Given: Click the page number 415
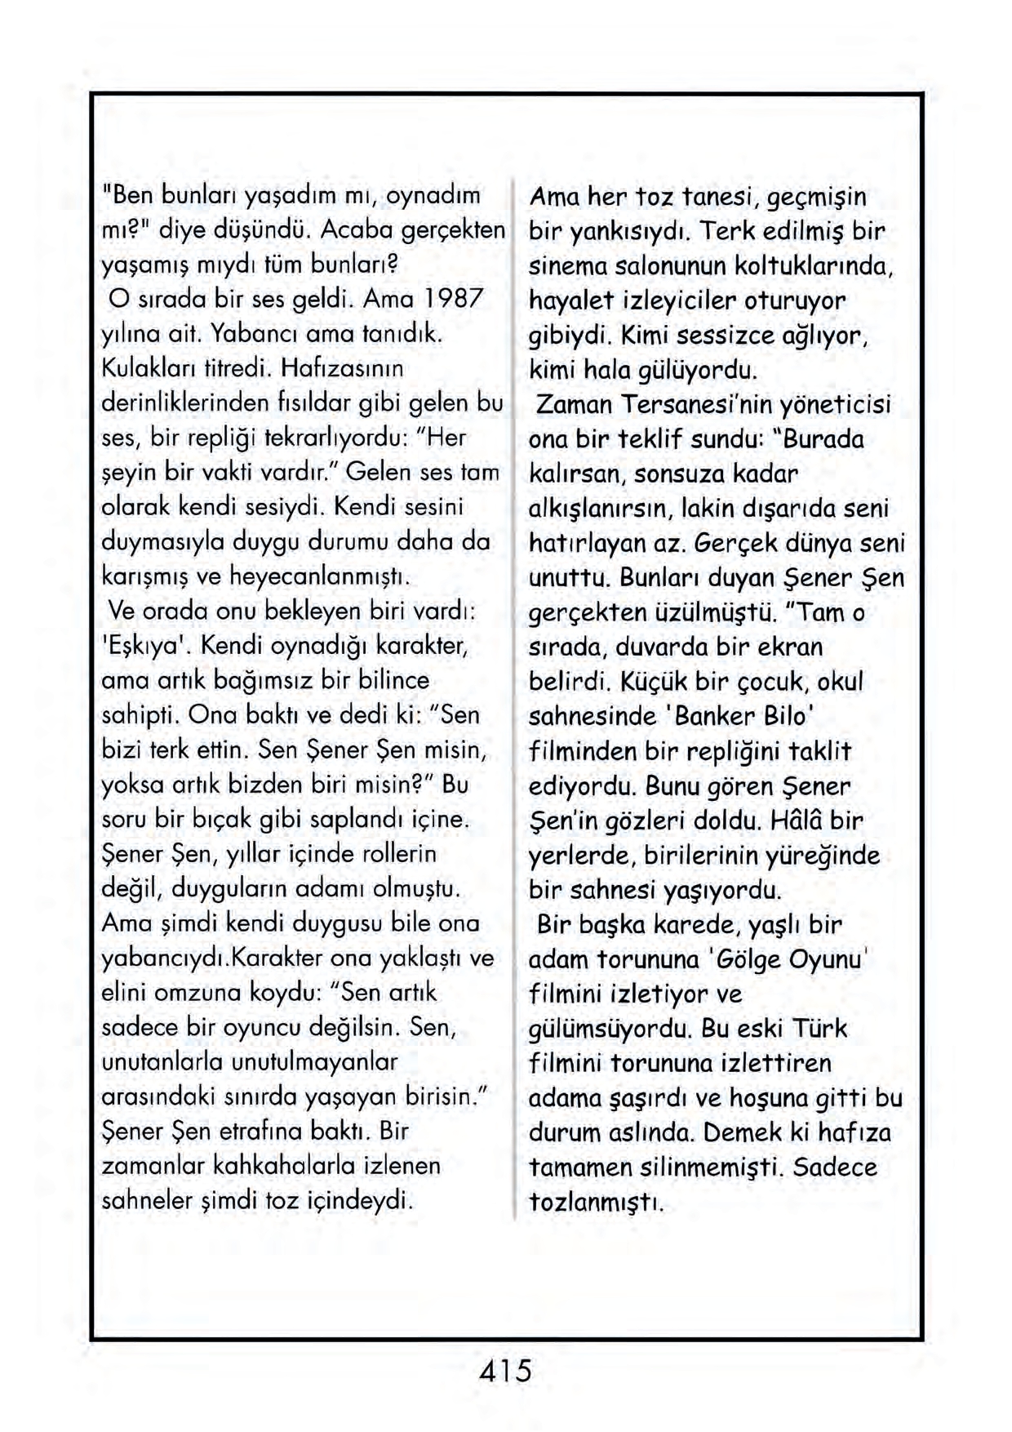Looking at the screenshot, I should click(505, 1369).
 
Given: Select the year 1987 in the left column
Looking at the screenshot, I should click(456, 299).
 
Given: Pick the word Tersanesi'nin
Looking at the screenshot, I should click(695, 404).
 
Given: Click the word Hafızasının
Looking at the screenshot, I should click(342, 368).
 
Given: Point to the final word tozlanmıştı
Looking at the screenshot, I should click(597, 1202).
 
